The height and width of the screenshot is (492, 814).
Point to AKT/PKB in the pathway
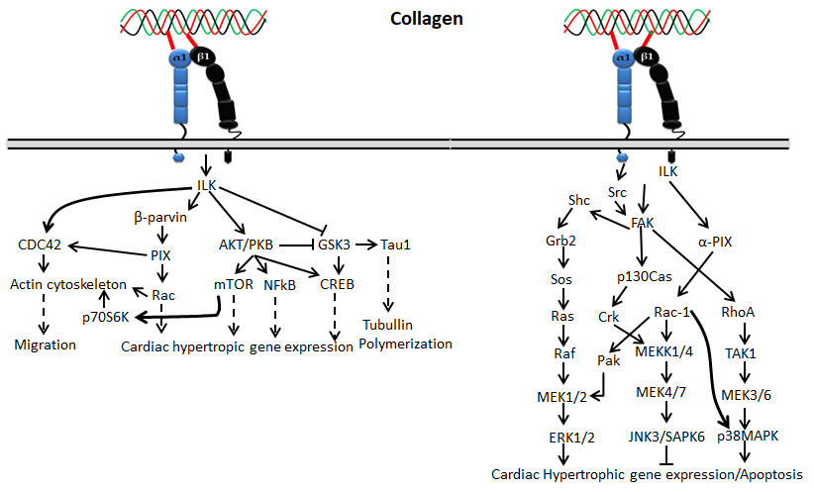[246, 244]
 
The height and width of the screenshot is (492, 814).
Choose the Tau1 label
[398, 244]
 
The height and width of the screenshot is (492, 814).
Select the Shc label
[578, 200]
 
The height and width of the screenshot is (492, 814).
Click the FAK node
[645, 224]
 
